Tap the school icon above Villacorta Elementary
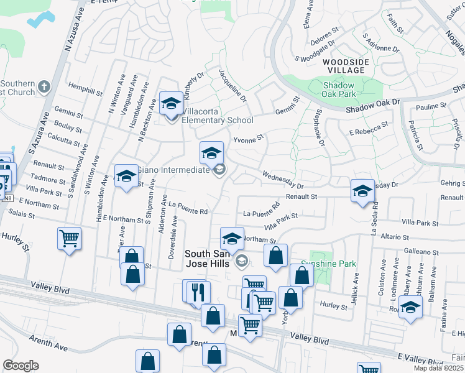[x=171, y=103]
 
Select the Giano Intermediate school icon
[x=211, y=153]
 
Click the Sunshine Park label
[x=333, y=264]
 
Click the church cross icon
[x=44, y=86]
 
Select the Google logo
[x=21, y=365]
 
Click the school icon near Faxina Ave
[x=410, y=306]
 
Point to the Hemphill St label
[x=85, y=89]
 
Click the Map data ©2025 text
[x=439, y=368]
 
